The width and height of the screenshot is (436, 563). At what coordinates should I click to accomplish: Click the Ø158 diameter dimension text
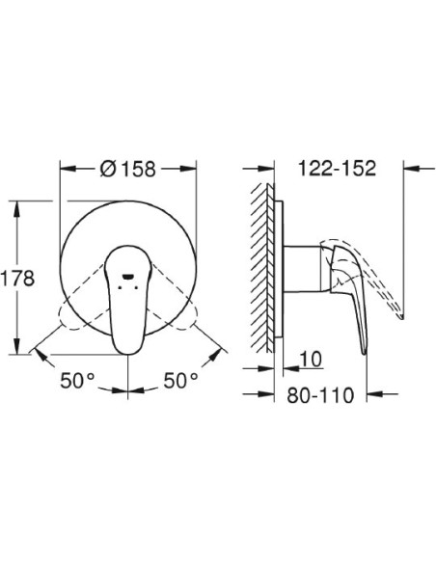129,167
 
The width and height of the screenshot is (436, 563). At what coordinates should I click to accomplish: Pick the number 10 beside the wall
311,360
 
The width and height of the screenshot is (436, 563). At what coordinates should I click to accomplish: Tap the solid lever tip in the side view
365,342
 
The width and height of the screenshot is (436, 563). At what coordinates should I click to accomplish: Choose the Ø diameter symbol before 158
107,167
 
